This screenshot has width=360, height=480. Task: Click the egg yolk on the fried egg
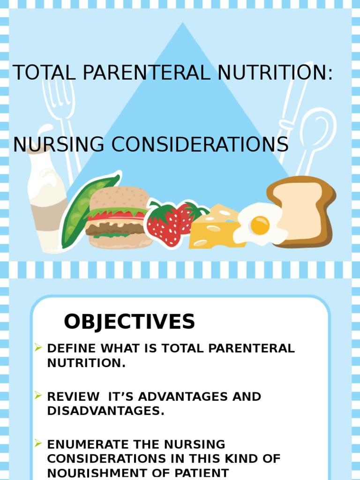(x=260, y=225)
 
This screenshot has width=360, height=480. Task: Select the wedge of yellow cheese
(x=213, y=230)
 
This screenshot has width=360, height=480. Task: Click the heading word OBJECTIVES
(x=129, y=322)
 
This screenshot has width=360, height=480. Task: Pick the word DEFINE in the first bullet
(x=72, y=348)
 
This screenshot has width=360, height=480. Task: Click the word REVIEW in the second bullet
(x=74, y=397)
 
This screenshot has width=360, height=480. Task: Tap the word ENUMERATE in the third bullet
(x=86, y=444)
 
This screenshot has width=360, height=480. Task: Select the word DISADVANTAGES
(x=105, y=411)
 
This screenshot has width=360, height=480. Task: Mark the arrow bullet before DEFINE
(x=38, y=347)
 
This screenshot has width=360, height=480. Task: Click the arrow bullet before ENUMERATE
(x=38, y=443)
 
